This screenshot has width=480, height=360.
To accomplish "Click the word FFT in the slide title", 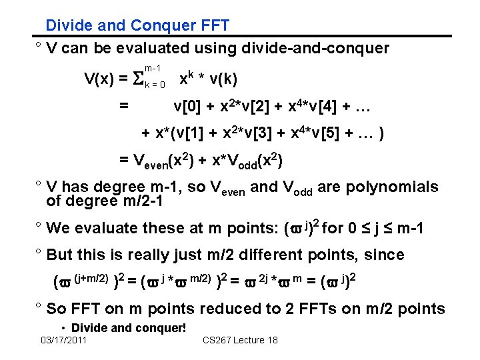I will pos(213,26).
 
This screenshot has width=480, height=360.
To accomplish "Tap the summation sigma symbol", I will pos(139,80).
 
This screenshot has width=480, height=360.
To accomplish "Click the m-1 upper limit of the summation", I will pos(152,68).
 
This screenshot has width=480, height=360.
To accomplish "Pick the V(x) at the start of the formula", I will pos(99,80).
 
